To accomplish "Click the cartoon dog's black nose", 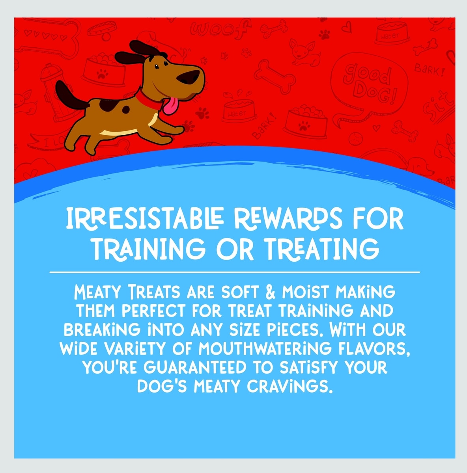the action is coord(188,76).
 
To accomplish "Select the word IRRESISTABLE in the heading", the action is coord(145,218).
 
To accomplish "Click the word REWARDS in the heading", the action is coord(288,218).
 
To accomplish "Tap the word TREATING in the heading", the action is coord(322,250).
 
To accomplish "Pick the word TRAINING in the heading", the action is coord(149,250).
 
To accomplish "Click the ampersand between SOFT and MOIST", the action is coord(271,292).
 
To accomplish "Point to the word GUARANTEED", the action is coord(194,368).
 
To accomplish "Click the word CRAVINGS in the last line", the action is coord(290,387).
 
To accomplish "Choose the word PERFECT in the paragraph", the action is coord(153,311).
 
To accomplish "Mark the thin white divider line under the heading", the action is coord(235,272).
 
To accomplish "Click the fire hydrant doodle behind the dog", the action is coord(56,93).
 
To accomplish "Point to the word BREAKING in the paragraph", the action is coord(102,330).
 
